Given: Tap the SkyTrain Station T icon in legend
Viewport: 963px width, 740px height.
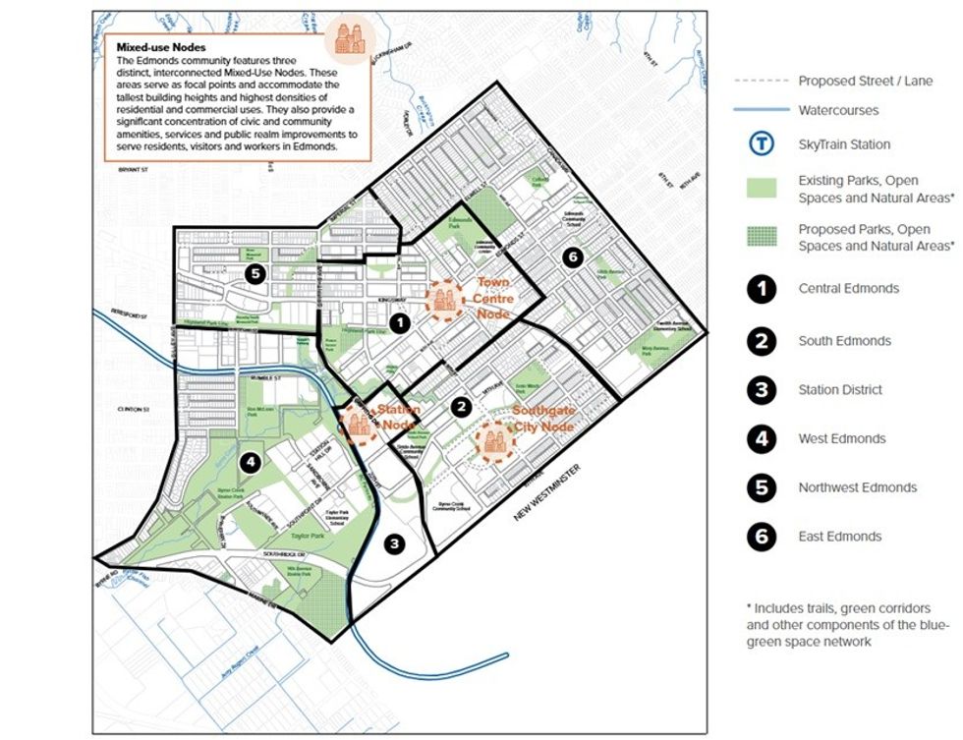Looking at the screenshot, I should coord(762,144).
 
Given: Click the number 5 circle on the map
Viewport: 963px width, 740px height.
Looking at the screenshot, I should coord(255,274).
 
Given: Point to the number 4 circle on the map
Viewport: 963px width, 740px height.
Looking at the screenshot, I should coord(251,459).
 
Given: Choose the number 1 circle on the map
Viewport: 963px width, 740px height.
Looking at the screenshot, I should coord(398,321).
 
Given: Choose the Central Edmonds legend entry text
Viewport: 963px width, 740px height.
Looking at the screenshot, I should coord(848,289).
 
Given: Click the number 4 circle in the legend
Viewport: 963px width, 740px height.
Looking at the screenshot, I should coord(762,438).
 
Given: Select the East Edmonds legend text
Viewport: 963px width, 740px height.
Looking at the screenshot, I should coord(840,537).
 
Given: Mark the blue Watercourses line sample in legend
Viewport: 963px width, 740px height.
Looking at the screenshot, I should coord(762,110).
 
